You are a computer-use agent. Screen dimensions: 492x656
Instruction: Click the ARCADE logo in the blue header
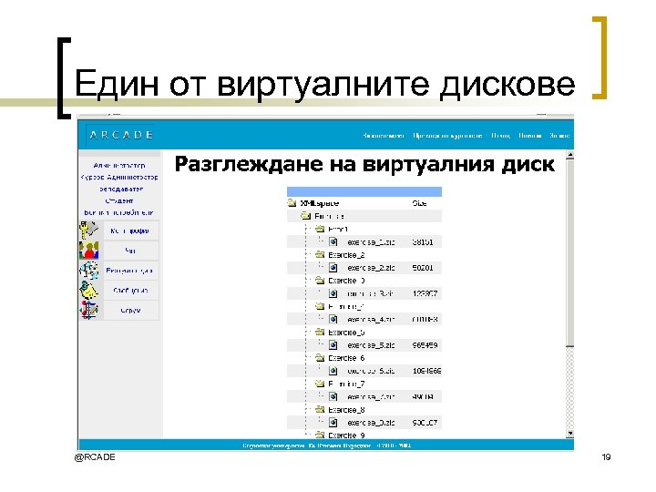click(121, 135)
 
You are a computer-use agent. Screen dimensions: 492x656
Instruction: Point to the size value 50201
click(424, 268)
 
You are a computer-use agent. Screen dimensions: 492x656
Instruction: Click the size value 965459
click(425, 345)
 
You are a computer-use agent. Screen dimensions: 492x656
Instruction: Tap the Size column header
click(420, 204)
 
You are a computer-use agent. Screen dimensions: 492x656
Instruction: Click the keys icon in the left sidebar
click(90, 230)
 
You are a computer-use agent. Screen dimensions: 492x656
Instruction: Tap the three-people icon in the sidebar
click(88, 270)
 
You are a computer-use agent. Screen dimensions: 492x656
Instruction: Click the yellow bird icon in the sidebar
click(88, 291)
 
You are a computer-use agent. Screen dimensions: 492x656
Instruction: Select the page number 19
click(606, 456)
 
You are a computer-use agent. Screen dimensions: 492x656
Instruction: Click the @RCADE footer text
click(95, 456)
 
